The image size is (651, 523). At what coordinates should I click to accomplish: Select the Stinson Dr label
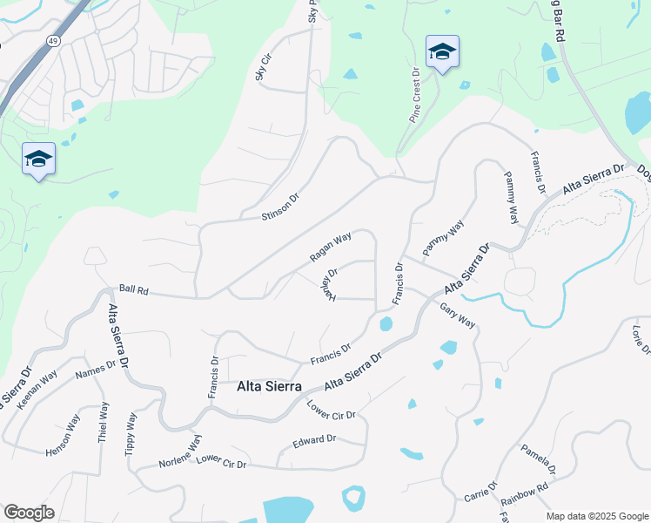[x=281, y=206]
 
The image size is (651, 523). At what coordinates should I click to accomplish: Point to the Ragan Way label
[x=331, y=248]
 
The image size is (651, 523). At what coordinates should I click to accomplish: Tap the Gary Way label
[x=458, y=316]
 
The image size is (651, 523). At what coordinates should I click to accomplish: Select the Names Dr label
[x=95, y=370]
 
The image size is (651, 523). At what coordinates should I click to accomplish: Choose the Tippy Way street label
[x=131, y=432]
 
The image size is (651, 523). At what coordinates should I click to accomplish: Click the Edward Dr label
[x=314, y=442]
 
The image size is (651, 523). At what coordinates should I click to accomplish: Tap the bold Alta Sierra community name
[x=269, y=386]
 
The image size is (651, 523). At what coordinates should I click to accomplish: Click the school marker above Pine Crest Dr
[x=442, y=53]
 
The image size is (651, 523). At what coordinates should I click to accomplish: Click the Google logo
[x=30, y=513]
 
